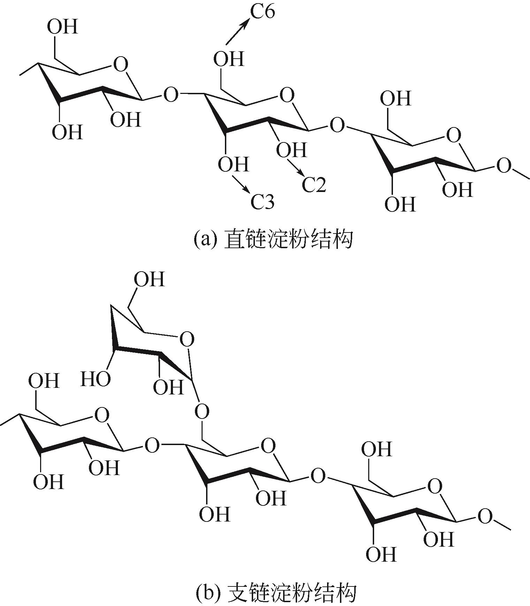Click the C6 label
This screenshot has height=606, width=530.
point(263,12)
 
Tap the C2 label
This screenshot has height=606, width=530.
point(314,185)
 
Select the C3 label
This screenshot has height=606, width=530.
point(263,202)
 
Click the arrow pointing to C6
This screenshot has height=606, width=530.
point(238,31)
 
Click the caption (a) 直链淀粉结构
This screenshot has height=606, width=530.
point(273,239)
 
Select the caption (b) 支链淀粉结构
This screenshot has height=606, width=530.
point(275,593)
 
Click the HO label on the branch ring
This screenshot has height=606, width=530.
point(96,379)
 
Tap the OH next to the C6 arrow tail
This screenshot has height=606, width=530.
point(229,59)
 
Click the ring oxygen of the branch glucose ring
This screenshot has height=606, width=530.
point(187,339)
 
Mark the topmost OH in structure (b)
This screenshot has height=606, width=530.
point(149,280)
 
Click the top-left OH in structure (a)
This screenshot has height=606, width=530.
point(62,27)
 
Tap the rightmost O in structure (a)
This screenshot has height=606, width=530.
point(503,166)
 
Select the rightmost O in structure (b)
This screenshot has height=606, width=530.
point(485,516)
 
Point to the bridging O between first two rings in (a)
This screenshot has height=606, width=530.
point(171,95)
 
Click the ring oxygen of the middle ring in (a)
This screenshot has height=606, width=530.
point(287,95)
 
